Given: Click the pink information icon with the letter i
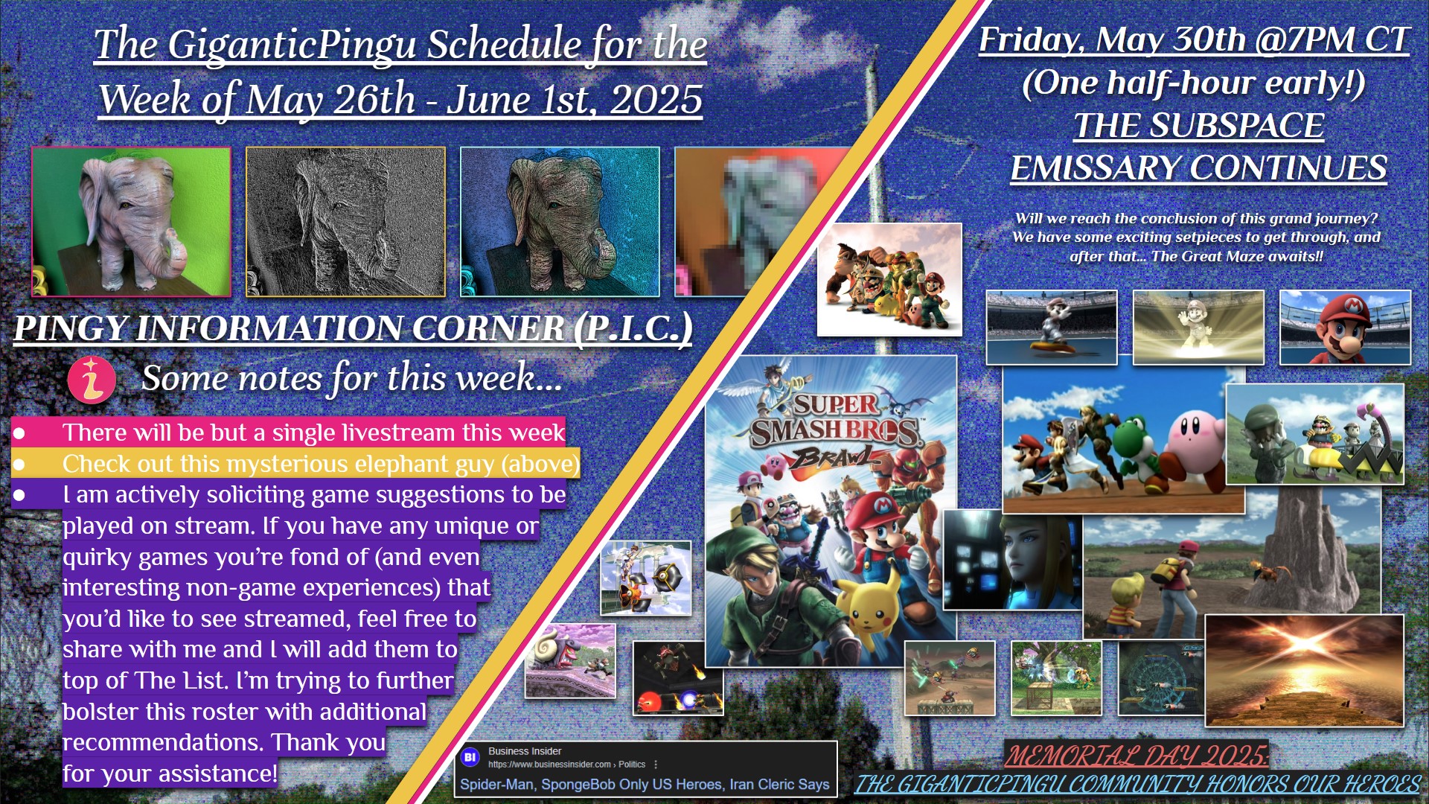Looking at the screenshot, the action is tap(92, 380).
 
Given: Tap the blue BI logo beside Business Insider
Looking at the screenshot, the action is tap(470, 757).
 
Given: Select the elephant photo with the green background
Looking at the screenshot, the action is tap(131, 222).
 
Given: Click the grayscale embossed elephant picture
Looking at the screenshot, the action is tap(345, 222).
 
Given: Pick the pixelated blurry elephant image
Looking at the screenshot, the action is tap(752, 222).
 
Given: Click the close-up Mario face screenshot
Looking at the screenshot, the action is tap(1345, 328).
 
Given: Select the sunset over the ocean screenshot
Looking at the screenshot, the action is tap(1304, 670).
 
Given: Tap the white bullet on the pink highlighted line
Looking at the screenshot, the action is tap(19, 433).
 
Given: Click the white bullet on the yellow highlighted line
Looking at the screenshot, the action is tap(19, 465).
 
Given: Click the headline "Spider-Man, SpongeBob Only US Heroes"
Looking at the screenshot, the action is tap(591, 784).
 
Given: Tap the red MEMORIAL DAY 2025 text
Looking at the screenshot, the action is tap(1137, 756).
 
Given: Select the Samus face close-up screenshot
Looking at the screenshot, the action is tap(1012, 560).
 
